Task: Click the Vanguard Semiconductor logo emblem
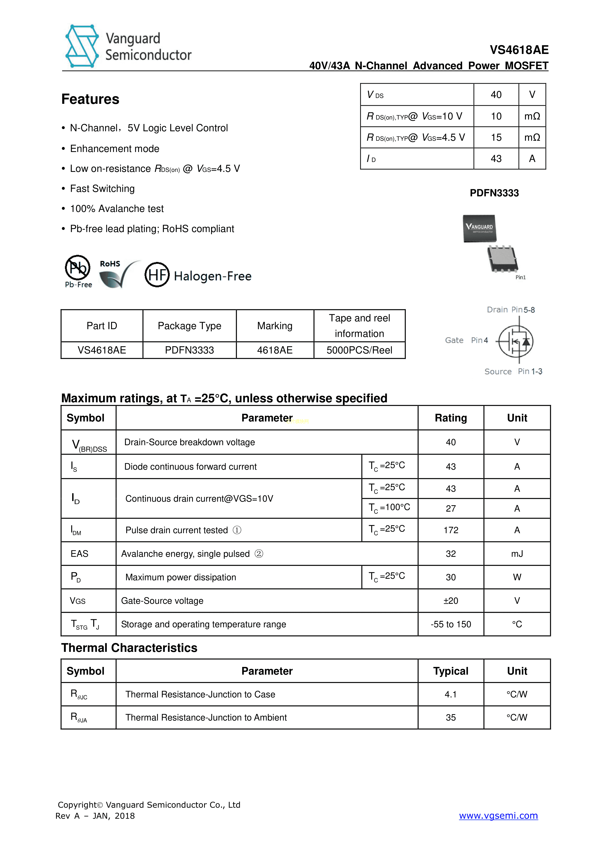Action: [x=82, y=46]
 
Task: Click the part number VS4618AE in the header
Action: [x=519, y=50]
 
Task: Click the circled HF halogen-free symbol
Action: [x=157, y=275]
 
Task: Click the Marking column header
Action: [x=275, y=326]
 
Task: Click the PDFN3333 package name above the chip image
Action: [x=494, y=193]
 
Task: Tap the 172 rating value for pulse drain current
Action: [x=451, y=530]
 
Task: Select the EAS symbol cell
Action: [x=80, y=554]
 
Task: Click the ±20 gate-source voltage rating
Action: [x=451, y=601]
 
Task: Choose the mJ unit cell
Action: [x=517, y=554]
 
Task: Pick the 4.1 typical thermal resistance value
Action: [x=451, y=694]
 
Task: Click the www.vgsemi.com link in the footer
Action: [x=498, y=815]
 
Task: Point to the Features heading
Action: [x=90, y=99]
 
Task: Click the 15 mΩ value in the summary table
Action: [x=496, y=137]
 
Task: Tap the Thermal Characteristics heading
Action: [x=129, y=648]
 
